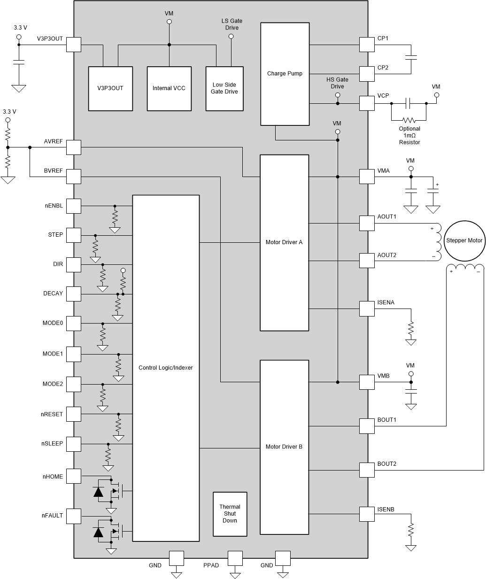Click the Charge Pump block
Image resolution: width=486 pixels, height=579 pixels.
tap(285, 74)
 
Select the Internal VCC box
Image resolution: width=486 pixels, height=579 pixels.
tap(169, 88)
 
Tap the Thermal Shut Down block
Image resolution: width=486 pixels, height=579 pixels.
tap(230, 514)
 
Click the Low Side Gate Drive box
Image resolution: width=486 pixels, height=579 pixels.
tap(224, 88)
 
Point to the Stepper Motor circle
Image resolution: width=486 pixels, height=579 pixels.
tap(464, 240)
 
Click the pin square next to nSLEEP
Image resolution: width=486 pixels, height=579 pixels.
tap(74, 444)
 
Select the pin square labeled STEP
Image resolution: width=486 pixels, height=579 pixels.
tap(74, 235)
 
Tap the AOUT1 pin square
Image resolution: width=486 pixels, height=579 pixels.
tap(367, 223)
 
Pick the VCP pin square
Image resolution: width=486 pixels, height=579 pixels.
tap(367, 103)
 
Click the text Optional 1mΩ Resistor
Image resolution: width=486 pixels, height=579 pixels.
tap(409, 135)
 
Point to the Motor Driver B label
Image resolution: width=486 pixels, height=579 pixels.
tap(284, 447)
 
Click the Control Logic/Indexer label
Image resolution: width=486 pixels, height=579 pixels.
tap(166, 368)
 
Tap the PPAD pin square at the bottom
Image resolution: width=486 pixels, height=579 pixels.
tap(235, 558)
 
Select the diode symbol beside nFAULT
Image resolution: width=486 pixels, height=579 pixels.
tap(99, 532)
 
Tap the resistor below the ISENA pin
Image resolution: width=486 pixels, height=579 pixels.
tap(411, 329)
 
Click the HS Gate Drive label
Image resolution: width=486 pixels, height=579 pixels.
tap(337, 83)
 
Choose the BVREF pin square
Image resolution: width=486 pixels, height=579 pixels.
tap(74, 177)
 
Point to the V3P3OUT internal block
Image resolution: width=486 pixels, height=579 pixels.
tap(110, 88)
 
